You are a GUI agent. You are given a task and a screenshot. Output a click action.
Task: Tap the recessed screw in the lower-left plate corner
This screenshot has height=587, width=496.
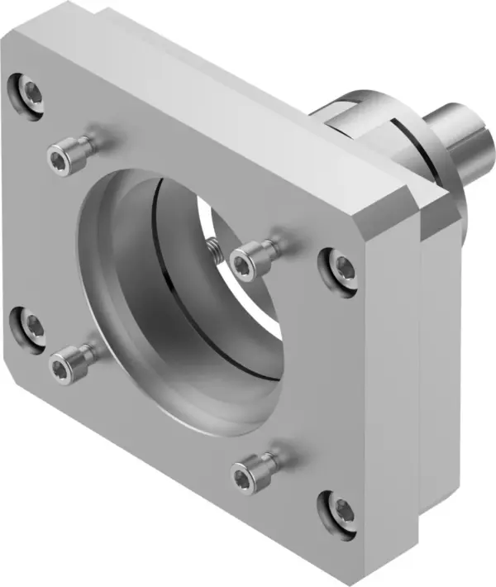30,323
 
